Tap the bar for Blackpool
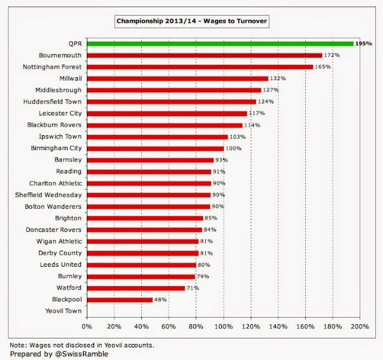[x=120, y=300]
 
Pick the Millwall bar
[x=177, y=78]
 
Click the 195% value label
[x=363, y=44]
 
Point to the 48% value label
[x=161, y=300]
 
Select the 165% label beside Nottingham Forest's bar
[x=323, y=67]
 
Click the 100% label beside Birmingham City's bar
[x=233, y=148]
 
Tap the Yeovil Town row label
[x=63, y=311]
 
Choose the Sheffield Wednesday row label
[x=48, y=195]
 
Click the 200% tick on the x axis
[x=360, y=327]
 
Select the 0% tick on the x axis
[x=87, y=327]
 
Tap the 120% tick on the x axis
[x=251, y=327]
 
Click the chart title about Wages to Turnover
[x=191, y=22]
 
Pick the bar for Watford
[x=136, y=288]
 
